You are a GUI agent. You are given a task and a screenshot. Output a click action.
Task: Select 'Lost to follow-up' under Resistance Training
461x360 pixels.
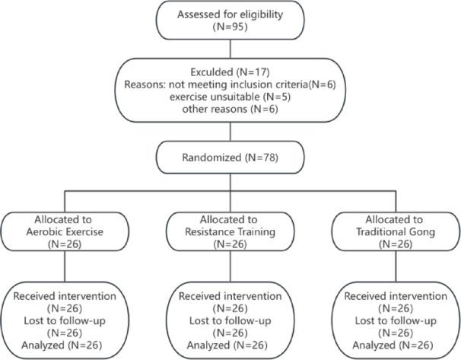click(230, 320)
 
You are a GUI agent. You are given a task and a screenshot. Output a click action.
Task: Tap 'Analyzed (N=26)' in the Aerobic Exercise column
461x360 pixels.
click(68, 346)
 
